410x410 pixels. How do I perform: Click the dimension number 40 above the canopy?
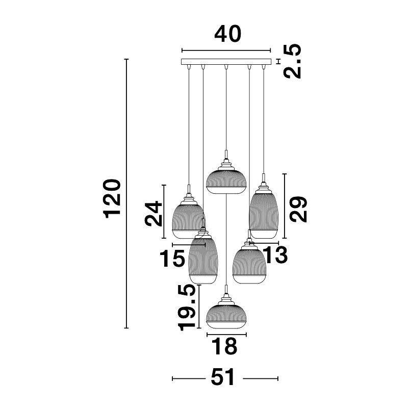pos(227,34)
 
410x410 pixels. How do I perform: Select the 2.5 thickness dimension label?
pos(292,61)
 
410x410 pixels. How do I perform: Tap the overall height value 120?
pos(112,199)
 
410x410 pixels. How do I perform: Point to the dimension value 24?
pos(154,213)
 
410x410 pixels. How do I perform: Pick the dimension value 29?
pos(298,209)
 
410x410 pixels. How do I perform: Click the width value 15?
pos(172,259)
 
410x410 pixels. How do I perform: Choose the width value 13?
pos(275,254)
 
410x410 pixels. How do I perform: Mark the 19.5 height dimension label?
pos(187,308)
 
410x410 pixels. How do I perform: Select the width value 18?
pos(224,346)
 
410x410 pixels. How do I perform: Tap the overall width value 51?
pos(223,377)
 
